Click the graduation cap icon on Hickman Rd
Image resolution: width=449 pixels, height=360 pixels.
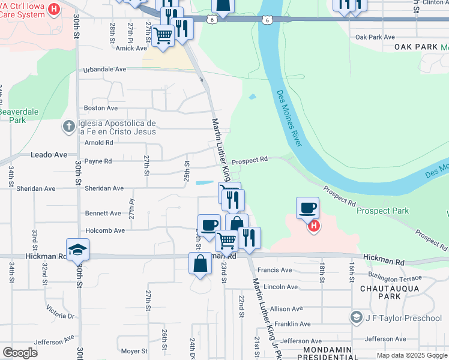tap(77, 249)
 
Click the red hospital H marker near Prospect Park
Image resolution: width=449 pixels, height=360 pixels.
tap(313, 226)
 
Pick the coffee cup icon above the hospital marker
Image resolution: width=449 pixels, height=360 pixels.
tap(307, 208)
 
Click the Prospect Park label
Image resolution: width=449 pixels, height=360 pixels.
tap(382, 211)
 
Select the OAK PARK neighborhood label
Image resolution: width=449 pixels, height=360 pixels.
tap(417, 47)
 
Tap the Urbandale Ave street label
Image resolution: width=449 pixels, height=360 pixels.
tap(104, 69)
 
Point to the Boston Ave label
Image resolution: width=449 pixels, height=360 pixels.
tap(101, 108)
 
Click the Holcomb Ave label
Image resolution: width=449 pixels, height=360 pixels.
tap(104, 230)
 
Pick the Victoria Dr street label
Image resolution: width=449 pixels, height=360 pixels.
tap(61, 312)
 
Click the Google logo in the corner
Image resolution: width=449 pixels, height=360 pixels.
tap(20, 352)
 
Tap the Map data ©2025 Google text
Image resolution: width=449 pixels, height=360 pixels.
tap(411, 355)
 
